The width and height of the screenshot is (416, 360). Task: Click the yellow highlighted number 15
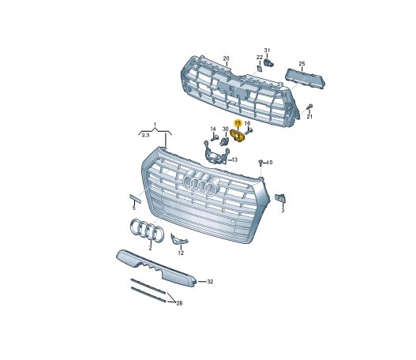tap(237, 123)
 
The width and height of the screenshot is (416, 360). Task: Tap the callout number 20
tap(226, 59)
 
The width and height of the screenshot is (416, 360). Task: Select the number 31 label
tap(267, 49)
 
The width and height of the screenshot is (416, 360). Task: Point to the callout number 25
tap(301, 62)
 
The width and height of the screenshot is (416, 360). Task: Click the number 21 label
tap(309, 117)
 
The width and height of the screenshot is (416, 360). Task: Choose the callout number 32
tap(210, 281)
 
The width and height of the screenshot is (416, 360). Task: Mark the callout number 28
tap(179, 303)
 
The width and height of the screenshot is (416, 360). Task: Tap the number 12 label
tap(180, 253)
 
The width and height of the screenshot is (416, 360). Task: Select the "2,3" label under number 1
tap(145, 136)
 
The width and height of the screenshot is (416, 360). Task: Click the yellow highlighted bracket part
tap(238, 137)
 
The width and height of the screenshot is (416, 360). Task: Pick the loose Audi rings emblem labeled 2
tap(146, 231)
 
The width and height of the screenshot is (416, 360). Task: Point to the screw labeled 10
tap(260, 162)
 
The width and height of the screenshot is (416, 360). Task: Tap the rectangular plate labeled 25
tap(304, 77)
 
